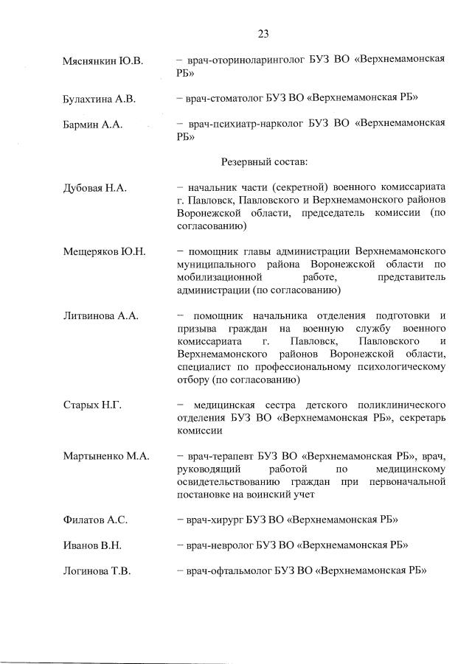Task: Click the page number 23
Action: (x=263, y=33)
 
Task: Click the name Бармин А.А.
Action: (x=92, y=124)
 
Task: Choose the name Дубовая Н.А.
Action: (x=95, y=188)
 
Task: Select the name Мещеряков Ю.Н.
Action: (x=104, y=251)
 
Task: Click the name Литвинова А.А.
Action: (x=101, y=315)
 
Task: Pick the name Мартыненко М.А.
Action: (x=106, y=456)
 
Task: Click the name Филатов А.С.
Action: (x=95, y=520)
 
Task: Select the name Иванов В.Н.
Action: (x=92, y=545)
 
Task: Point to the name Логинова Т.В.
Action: (x=97, y=571)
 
